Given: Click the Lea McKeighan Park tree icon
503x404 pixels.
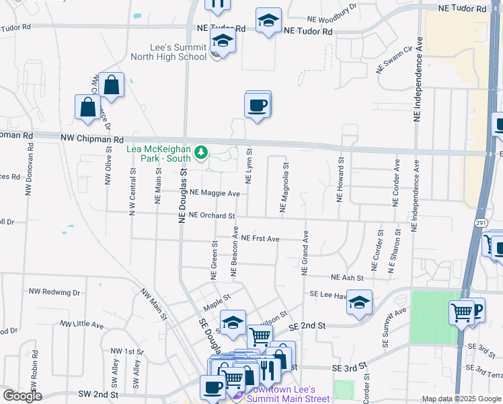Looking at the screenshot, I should click(200, 154).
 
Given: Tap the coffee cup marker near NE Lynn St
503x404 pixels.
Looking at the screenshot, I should click(258, 105).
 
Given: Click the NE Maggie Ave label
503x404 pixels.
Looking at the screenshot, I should click(215, 193).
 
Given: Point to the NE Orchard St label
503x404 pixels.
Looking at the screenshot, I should click(211, 216).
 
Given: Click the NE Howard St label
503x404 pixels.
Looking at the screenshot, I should click(340, 180).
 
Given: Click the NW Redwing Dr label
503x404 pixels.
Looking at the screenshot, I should click(54, 292).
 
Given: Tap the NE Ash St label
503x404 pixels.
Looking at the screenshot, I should click(347, 277).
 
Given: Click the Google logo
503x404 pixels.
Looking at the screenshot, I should click(22, 396).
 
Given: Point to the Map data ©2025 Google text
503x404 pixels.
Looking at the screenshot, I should click(461, 399).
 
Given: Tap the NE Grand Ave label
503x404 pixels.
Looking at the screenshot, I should click(305, 252).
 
